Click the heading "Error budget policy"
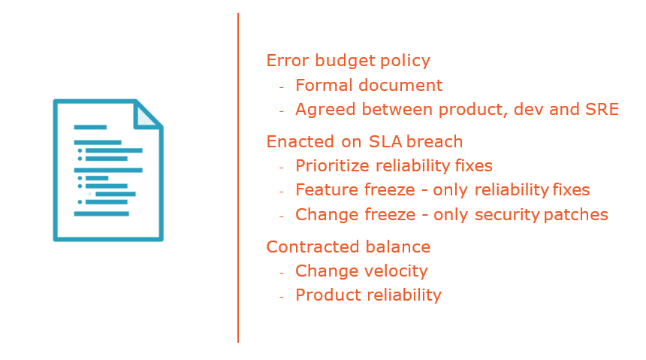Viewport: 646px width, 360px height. (348, 61)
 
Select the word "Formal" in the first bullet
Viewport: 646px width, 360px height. (325, 86)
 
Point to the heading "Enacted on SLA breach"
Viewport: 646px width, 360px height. (364, 141)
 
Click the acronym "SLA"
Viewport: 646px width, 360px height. (385, 141)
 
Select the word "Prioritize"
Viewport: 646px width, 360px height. (332, 166)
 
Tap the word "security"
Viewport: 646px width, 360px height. (507, 215)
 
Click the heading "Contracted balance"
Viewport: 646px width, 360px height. (349, 247)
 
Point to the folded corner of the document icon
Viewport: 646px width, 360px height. (146, 116)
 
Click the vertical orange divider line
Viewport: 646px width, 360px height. (238, 177)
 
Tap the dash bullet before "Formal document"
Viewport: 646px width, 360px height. (282, 87)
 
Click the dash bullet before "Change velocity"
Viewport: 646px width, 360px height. (282, 273)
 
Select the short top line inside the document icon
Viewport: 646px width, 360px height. (90, 127)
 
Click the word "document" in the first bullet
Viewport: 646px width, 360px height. (400, 86)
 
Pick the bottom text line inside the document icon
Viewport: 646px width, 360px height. (101, 213)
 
